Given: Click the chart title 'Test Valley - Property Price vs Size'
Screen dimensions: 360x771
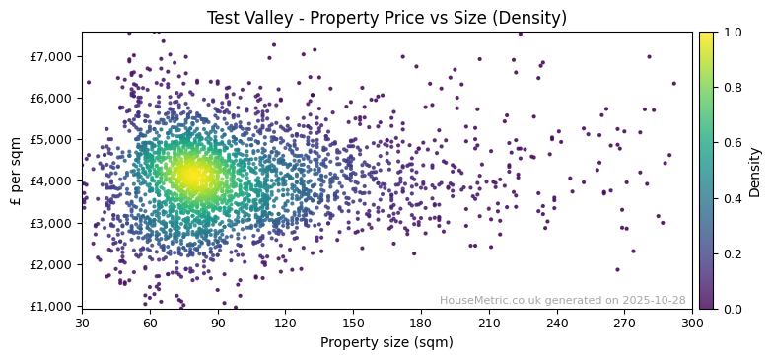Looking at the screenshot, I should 386,18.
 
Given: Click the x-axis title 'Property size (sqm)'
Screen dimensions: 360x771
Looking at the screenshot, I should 386,342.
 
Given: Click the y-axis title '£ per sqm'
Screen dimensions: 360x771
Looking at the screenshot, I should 16,170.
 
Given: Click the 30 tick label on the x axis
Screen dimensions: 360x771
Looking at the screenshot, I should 82,323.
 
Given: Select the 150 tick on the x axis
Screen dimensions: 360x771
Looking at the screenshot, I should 353,323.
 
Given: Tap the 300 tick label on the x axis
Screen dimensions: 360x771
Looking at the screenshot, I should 692,323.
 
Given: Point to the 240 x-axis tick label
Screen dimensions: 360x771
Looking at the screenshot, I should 557,323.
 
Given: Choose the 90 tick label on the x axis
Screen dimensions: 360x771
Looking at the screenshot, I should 217,323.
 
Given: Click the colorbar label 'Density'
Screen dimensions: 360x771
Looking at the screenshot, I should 755,170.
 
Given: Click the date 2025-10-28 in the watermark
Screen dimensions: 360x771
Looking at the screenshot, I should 652,300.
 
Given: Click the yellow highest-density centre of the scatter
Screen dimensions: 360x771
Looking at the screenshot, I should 190,176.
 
